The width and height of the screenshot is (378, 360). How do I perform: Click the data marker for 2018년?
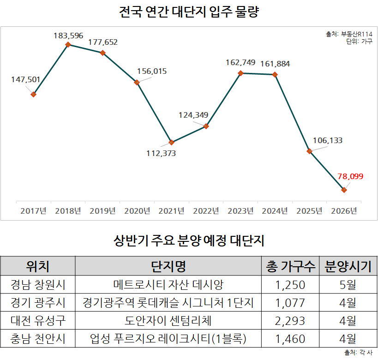[68, 44]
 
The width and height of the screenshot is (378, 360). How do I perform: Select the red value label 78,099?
[350, 176]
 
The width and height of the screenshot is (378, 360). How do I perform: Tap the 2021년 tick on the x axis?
[171, 211]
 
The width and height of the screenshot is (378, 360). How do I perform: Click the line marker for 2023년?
[240, 73]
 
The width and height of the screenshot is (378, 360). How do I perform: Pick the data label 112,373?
[160, 153]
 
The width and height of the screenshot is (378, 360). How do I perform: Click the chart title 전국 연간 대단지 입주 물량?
[189, 12]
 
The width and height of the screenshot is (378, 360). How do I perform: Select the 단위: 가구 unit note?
[359, 41]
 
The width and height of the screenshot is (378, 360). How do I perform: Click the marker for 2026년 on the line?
[344, 190]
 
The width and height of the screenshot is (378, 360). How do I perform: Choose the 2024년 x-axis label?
[275, 211]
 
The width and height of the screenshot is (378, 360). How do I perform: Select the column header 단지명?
[168, 266]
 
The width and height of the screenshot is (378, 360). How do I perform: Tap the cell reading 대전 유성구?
[38, 321]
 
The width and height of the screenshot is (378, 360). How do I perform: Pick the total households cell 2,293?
[290, 321]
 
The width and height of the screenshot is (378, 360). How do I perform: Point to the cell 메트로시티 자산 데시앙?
[168, 285]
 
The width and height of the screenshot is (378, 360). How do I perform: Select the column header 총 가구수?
[290, 266]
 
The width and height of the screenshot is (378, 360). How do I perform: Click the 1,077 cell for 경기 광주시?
[290, 303]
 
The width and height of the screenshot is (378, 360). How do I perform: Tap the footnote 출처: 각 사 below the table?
[358, 352]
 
